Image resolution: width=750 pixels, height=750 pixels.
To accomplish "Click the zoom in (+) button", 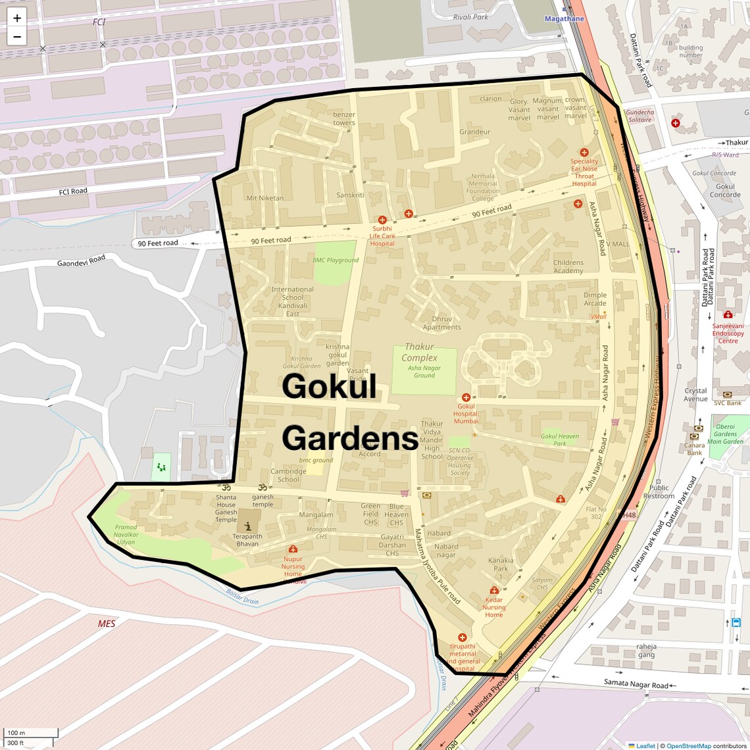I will click(x=17, y=18).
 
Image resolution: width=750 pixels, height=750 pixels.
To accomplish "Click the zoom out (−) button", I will click(x=17, y=36).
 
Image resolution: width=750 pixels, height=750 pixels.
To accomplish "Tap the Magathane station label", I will click(x=564, y=19).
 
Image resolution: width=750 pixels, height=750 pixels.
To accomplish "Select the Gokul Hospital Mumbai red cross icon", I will click(x=466, y=397).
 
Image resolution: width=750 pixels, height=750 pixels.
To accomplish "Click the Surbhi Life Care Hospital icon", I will click(x=382, y=220).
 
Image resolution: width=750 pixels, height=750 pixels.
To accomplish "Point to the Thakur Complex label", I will click(x=419, y=352).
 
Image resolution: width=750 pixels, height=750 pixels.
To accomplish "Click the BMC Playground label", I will click(x=336, y=261).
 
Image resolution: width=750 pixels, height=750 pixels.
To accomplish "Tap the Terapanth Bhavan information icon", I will click(x=247, y=526).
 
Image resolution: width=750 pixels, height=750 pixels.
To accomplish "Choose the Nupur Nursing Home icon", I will click(x=293, y=549).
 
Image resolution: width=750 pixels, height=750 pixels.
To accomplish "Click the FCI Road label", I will click(x=73, y=191).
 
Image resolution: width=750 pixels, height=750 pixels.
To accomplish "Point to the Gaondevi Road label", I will click(x=81, y=261).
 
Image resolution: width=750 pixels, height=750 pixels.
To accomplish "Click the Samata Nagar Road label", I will click(x=636, y=684).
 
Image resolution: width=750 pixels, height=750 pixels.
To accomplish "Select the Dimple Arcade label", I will click(x=595, y=299).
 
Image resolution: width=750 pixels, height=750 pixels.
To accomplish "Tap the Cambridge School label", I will click(x=288, y=475).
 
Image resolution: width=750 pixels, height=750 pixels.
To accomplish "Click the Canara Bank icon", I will click(x=694, y=436).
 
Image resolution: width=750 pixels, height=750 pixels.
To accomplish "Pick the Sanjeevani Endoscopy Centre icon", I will click(x=728, y=314).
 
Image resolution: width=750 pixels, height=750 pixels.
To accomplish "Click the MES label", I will click(x=107, y=624).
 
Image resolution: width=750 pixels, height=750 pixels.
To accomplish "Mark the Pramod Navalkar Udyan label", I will click(x=126, y=534).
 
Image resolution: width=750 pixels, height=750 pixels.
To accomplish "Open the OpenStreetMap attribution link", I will click(x=688, y=746).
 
